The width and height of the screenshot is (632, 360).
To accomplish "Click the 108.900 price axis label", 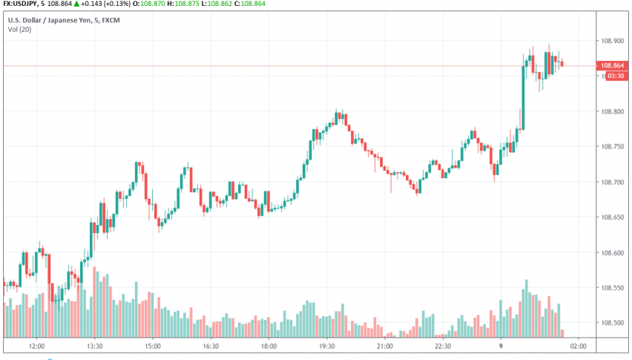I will click(615, 42).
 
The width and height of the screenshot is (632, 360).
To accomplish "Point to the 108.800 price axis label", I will click(615, 112).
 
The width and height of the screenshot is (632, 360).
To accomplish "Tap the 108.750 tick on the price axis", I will click(615, 147).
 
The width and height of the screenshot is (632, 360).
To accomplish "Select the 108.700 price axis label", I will click(615, 183).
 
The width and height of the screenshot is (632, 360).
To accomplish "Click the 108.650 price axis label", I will click(615, 217).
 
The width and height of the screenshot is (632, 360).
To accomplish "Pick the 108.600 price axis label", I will click(615, 253).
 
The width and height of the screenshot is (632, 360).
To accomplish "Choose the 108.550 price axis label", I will click(615, 288).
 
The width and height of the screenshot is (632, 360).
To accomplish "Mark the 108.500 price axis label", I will click(615, 323).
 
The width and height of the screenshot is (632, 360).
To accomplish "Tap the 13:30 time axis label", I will click(93, 346).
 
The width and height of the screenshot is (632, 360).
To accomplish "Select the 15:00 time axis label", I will click(152, 346).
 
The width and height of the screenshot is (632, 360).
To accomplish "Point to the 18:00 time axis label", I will click(269, 346).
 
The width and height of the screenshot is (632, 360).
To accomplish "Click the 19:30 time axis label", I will click(326, 346).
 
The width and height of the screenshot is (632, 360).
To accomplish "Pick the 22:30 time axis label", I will click(443, 346).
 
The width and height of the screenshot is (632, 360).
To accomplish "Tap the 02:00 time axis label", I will click(579, 346).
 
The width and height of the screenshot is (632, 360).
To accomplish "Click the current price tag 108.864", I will click(615, 66).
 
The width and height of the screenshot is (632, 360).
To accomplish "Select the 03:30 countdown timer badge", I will click(615, 76).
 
